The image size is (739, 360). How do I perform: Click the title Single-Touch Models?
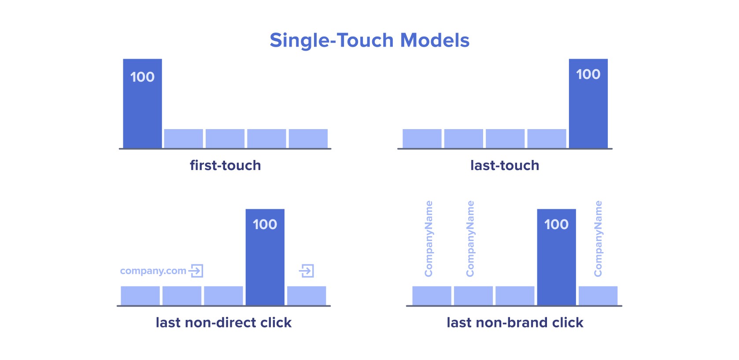pos(369,41)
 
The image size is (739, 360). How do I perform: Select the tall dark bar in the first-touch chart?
pos(143,104)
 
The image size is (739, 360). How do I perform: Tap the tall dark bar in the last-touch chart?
pos(588,104)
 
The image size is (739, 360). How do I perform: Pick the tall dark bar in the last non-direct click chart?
pos(265,257)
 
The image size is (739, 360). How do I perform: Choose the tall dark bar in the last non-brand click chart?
pos(557,257)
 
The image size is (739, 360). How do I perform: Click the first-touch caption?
pos(225,165)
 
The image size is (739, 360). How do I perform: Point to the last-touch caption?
pos(505,165)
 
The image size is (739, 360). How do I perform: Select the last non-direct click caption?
pos(224,323)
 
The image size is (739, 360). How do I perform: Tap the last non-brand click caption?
pos(515,323)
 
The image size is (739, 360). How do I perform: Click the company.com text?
pos(153,271)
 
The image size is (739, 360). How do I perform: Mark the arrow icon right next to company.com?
pos(196,271)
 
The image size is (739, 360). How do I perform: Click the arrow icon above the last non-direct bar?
pos(307,271)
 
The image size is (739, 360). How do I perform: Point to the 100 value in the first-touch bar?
pos(143,77)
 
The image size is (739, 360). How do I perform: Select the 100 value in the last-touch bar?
pos(588,74)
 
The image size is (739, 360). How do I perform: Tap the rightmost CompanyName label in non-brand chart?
pos(598,238)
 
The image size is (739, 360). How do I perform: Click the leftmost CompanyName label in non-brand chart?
pos(429,238)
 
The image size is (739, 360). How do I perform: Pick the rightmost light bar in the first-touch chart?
pos(308,139)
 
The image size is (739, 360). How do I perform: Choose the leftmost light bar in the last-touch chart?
pos(422,139)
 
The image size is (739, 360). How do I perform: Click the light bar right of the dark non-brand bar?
pos(598,296)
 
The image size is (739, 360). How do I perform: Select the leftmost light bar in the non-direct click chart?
pos(140,296)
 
